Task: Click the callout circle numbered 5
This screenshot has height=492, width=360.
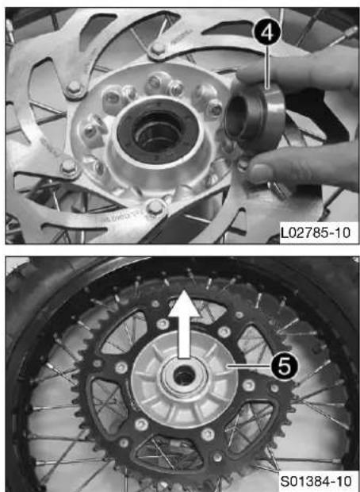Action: click(285, 367)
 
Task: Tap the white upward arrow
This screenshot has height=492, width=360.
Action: click(183, 324)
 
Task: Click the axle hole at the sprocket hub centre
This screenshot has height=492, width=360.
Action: click(183, 376)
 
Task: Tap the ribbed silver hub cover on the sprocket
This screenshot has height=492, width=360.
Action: click(183, 379)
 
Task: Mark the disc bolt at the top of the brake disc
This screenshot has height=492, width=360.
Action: click(158, 48)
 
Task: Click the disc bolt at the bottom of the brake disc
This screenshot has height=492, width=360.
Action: click(155, 207)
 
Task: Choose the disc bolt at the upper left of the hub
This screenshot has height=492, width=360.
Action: click(74, 88)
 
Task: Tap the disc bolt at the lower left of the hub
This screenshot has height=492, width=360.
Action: click(68, 167)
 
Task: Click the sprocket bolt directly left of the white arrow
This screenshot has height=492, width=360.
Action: click(163, 325)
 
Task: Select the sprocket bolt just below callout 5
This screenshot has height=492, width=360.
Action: click(249, 385)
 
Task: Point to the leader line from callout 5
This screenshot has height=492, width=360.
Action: click(249, 366)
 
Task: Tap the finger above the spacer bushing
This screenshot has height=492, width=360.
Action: click(298, 73)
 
